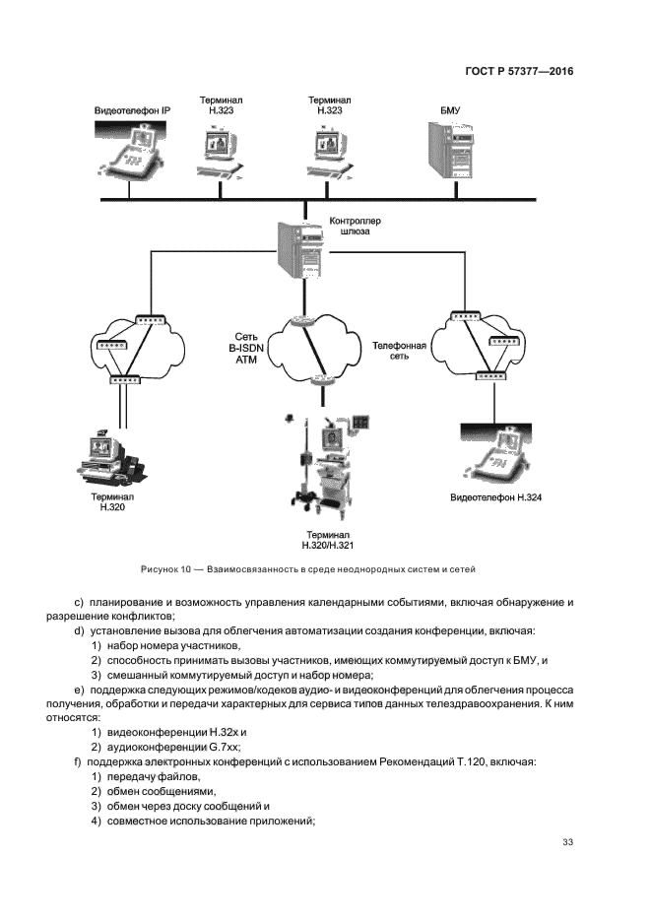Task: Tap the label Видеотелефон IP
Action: [133, 110]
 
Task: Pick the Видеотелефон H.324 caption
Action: [496, 498]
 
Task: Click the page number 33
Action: [567, 841]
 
